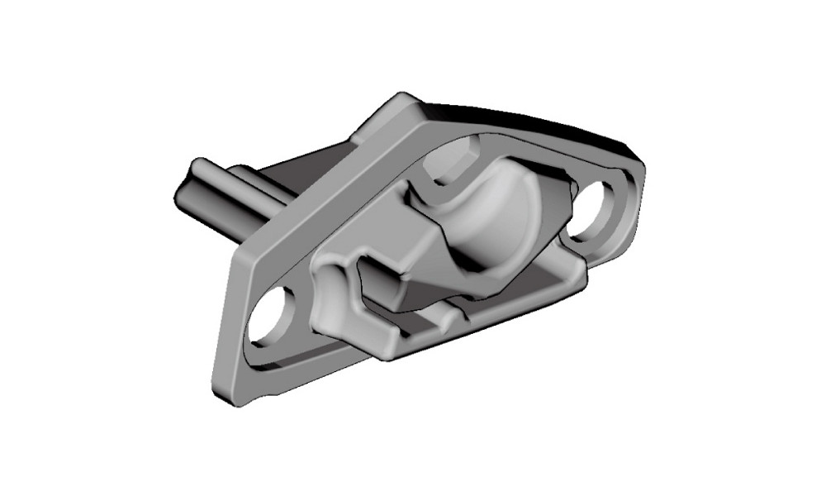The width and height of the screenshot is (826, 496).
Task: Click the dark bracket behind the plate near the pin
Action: tap(306, 169)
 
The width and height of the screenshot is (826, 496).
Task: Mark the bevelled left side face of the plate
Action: tap(227, 331)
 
